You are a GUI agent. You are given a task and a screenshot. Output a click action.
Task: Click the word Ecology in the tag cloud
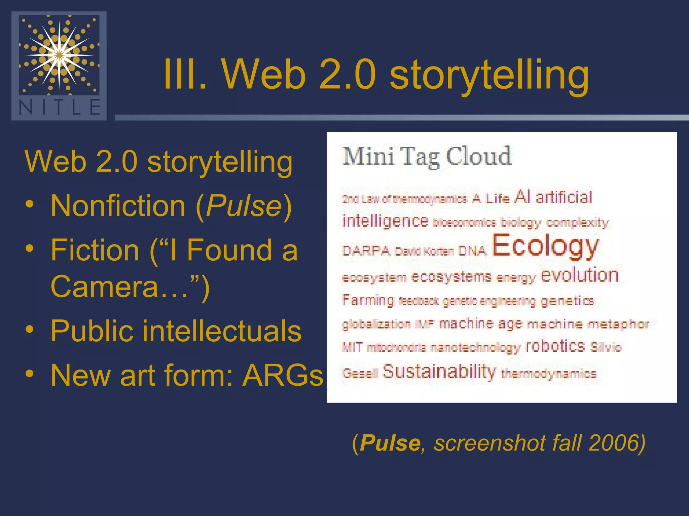tap(545, 246)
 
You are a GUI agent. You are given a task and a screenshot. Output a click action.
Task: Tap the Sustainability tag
tap(439, 372)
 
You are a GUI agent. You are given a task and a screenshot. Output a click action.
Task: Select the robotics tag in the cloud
tap(555, 346)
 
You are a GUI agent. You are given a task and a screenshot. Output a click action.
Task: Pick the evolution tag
tap(580, 275)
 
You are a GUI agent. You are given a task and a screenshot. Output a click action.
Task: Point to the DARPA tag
tap(366, 251)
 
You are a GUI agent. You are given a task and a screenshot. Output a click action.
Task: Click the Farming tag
tap(368, 300)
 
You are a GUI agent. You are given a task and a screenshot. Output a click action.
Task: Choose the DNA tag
tap(473, 251)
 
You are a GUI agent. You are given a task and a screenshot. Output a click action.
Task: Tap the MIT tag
tap(353, 347)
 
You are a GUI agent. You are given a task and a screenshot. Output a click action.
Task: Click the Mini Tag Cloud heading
tap(427, 156)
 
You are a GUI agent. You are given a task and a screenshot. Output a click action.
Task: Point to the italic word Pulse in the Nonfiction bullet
tap(244, 206)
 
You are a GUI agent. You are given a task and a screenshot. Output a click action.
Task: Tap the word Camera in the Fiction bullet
tap(104, 286)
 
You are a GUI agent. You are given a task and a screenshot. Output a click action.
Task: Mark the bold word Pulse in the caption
tap(390, 443)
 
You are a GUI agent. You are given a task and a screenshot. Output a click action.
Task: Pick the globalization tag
tap(376, 324)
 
